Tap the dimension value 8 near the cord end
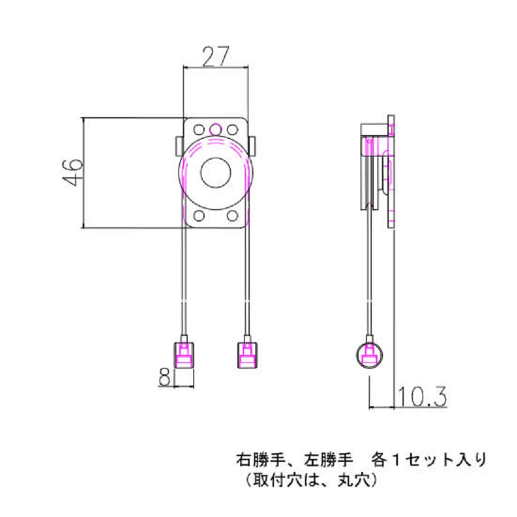pos(165,377)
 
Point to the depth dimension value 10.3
pos(421,396)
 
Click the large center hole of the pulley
pos(216,174)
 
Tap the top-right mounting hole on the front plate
pos(232,130)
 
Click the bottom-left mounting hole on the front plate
pos(199,216)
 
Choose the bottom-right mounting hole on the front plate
pos(232,216)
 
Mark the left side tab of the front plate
pos(178,145)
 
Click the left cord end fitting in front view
pos(184,355)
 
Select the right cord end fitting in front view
pos(247,355)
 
